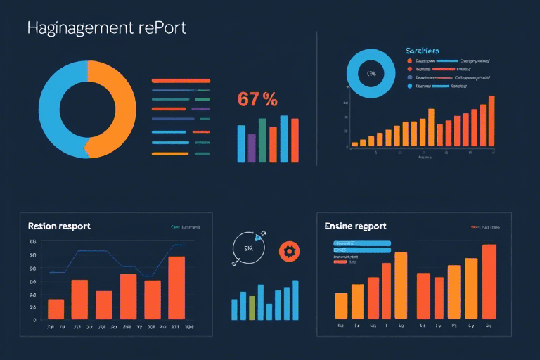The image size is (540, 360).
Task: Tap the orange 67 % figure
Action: pos(257,100)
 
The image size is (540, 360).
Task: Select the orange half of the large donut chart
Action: pos(116,105)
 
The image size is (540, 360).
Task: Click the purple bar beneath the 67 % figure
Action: pos(252,148)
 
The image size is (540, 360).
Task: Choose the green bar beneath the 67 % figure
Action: pos(262,140)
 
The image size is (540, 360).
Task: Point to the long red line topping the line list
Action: pos(181,81)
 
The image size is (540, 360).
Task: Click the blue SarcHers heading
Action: pos(423,51)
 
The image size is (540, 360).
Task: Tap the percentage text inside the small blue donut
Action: pos(372,73)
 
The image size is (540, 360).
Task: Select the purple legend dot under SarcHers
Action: pos(409,78)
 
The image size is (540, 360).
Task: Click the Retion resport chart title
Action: pos(59,226)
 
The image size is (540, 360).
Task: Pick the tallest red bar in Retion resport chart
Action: pos(176,288)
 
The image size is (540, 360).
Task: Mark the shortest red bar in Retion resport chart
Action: pos(56,309)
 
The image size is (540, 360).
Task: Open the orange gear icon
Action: pos(288,251)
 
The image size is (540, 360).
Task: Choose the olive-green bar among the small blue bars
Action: pos(252,307)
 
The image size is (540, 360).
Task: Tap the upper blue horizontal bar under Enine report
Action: pos(361,243)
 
